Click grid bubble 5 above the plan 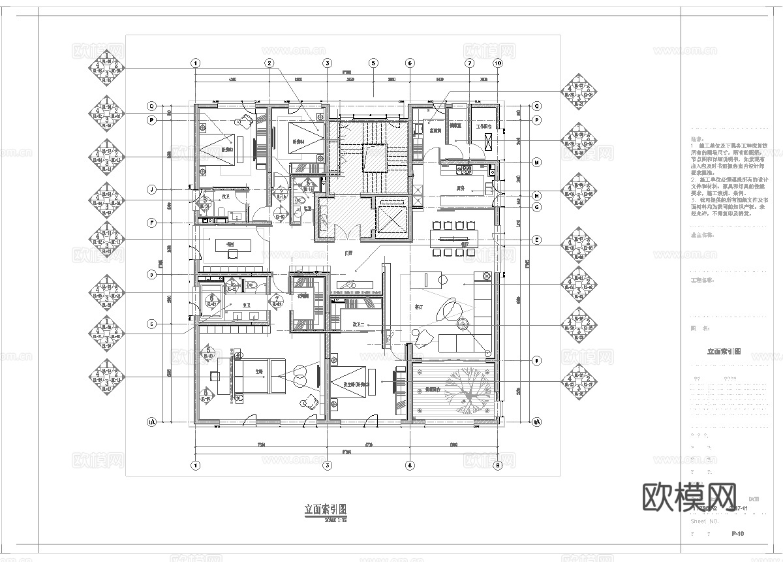[x=373, y=63]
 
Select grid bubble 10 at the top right [x=497, y=63]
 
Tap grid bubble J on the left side [x=151, y=190]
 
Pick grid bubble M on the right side [x=536, y=162]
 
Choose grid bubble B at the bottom [x=497, y=465]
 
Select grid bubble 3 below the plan [x=327, y=465]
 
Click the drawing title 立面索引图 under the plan [x=324, y=509]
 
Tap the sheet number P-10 [x=738, y=534]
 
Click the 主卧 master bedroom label [x=259, y=371]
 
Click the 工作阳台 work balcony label [x=485, y=127]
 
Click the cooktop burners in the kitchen [x=465, y=170]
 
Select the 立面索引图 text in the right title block [x=724, y=351]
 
